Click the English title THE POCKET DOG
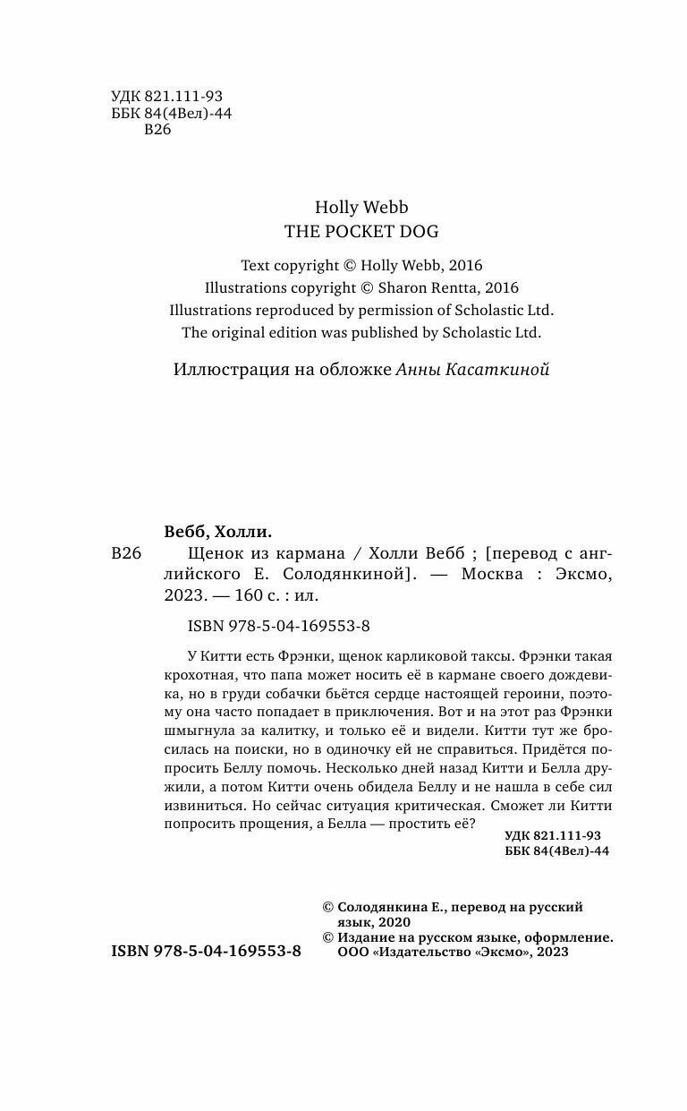[x=361, y=230]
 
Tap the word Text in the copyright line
[x=255, y=266]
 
